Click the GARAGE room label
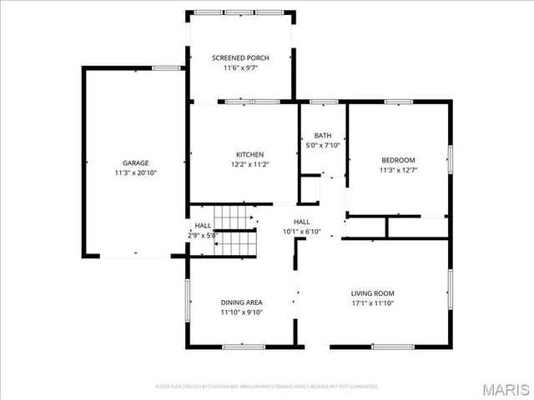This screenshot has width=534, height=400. pos(136,163)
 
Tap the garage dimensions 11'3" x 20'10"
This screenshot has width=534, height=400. pos(136,172)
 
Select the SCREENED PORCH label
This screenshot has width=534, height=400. pos(240,57)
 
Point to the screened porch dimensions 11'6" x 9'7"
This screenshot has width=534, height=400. pos(240,67)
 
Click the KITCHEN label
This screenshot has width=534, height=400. pos(249,154)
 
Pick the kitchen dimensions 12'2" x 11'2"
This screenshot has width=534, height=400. pos(249,164)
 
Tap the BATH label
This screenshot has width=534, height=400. pos(322,136)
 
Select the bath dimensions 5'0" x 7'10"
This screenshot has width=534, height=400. pos(322,146)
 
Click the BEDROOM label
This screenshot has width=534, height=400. pos(398,160)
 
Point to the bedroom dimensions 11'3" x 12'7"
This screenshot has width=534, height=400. pos(398,170)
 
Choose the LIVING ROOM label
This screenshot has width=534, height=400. pos(372,293)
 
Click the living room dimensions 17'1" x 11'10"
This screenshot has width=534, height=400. pos(372,303)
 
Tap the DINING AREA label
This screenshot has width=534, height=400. pos(242,302)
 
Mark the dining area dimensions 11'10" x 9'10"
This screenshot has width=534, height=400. pos(242,312)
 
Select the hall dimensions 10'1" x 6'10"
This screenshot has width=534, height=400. pos(301,231)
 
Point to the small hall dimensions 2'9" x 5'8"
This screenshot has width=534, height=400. pos(202,236)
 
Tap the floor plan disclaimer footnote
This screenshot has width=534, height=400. pos(267,387)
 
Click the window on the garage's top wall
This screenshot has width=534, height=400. pos(167,68)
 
